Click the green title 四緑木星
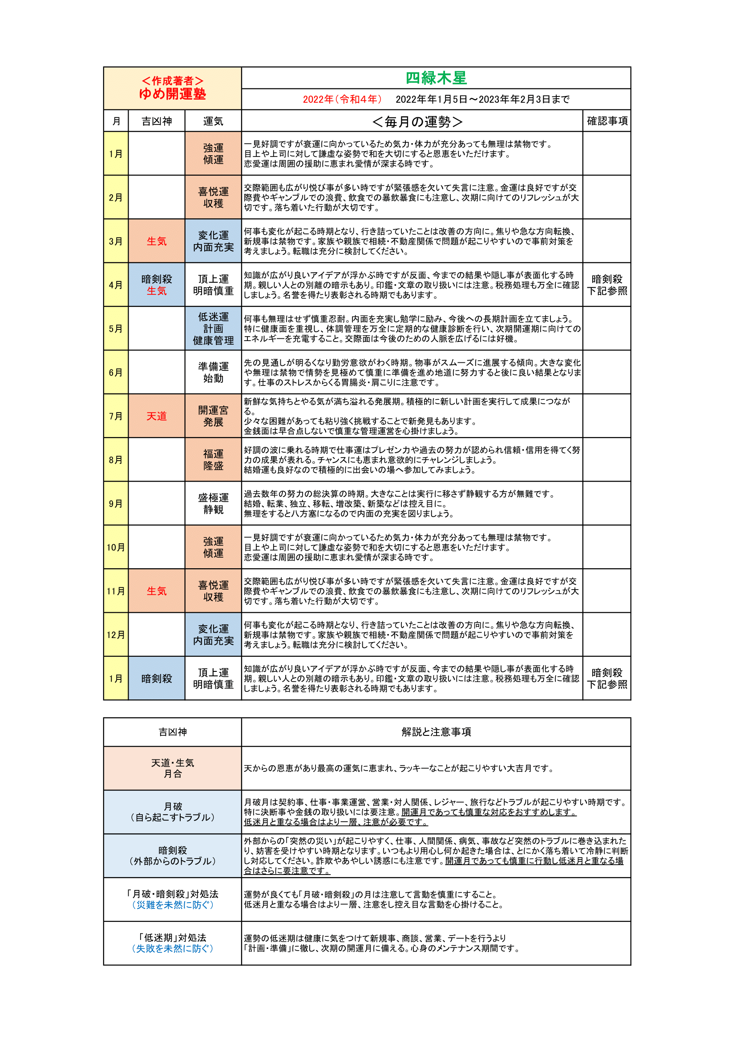tap(436, 78)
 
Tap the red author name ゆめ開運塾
tap(172, 94)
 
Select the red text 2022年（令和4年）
tap(342, 99)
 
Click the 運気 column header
tap(213, 121)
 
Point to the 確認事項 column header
tap(607, 121)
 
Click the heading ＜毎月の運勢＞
tap(417, 121)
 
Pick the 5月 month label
tap(116, 329)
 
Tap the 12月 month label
tap(116, 634)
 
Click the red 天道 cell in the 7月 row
tap(156, 416)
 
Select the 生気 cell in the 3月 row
tap(156, 241)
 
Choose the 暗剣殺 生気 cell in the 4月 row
tap(156, 285)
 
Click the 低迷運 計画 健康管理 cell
tap(213, 329)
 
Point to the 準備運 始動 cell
tap(213, 372)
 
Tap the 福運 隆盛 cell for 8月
tap(213, 459)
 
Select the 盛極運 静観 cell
tap(213, 503)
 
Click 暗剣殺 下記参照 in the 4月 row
tap(607, 285)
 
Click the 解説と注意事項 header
tap(436, 731)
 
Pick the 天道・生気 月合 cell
tap(172, 768)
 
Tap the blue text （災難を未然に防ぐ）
tap(172, 904)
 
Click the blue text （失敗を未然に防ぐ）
tap(172, 948)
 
